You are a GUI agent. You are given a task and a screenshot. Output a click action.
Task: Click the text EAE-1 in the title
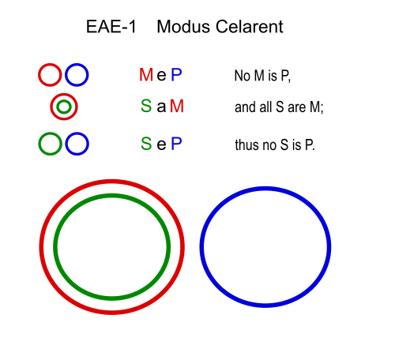coord(111,27)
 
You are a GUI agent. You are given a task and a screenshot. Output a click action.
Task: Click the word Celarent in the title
coord(249,27)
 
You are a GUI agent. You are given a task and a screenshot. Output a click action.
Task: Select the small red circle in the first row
coord(39,75)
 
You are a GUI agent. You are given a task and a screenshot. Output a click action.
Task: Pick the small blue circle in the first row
coord(66,75)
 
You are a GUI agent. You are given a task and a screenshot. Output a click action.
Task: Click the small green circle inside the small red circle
coord(58,107)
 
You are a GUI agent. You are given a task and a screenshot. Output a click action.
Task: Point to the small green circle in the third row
coord(39,144)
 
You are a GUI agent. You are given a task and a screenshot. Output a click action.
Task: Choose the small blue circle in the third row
coord(66,144)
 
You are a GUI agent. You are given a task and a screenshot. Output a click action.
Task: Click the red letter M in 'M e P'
coord(146,74)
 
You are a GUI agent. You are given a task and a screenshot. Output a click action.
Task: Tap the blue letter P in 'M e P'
coord(176,74)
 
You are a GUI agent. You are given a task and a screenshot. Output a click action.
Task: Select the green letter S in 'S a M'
coord(146,106)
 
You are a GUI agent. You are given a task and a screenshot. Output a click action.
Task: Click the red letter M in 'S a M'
coord(177,106)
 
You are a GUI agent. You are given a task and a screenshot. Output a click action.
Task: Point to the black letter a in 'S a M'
coord(161,107)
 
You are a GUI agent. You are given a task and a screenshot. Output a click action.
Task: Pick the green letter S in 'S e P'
coord(146,144)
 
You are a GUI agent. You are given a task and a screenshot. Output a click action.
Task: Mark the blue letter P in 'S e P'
coord(176,144)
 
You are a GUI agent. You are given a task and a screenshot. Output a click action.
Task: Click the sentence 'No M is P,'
coord(262,76)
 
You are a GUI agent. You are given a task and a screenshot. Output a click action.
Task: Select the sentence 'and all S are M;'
coord(279,107)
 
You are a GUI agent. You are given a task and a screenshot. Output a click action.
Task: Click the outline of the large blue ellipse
coord(201,247)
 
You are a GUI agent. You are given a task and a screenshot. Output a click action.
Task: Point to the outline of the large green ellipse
coord(55,247)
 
